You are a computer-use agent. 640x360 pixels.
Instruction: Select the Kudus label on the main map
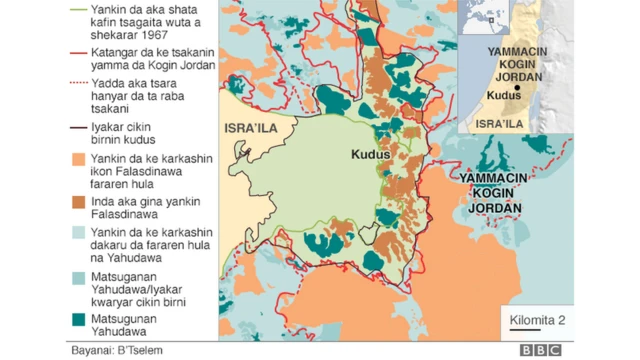click(x=370, y=155)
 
